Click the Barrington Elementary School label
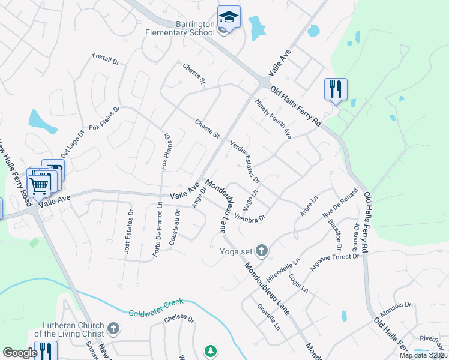click(x=178, y=28)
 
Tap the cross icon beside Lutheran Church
click(x=113, y=329)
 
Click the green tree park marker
click(x=210, y=350)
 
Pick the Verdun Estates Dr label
click(x=245, y=161)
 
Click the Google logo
click(x=20, y=353)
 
